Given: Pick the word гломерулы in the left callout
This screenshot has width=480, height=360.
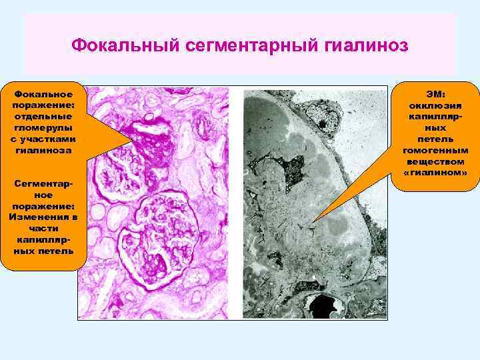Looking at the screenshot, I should tap(43, 127).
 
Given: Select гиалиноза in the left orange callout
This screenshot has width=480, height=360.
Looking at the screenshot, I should tap(43, 150).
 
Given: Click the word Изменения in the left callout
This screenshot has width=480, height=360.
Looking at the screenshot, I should tap(43, 217).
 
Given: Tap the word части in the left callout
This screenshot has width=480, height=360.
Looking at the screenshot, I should tap(43, 228).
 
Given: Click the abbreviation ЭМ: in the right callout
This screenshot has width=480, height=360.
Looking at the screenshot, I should tap(436, 95).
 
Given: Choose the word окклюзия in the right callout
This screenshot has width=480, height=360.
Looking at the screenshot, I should tap(436, 106).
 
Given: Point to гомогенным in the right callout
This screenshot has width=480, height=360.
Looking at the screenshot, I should tap(436, 151).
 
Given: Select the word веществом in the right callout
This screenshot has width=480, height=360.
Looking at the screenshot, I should tap(436, 162).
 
